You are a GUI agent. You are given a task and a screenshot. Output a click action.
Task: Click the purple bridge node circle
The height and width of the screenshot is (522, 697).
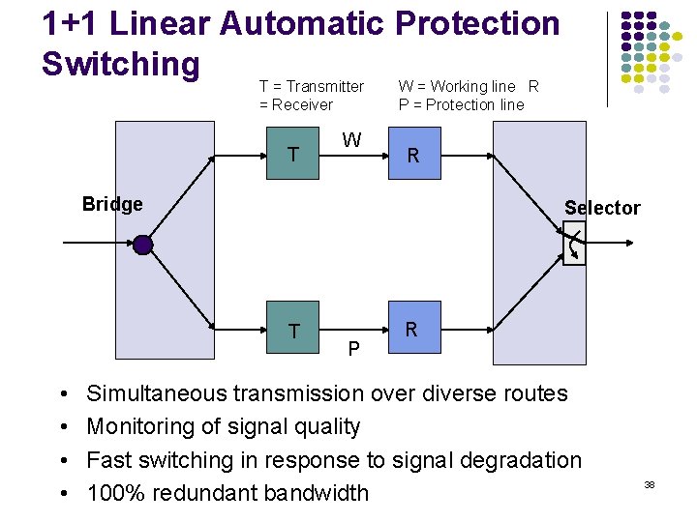click(143, 245)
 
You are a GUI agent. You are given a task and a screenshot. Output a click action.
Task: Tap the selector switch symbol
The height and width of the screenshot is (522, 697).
click(574, 244)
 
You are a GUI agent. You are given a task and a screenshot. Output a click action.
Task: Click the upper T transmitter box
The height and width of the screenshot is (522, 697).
click(293, 154)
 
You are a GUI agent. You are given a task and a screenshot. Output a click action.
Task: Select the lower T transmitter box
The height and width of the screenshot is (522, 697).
click(293, 332)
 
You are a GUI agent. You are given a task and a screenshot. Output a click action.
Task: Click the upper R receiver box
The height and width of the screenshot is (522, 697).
click(413, 156)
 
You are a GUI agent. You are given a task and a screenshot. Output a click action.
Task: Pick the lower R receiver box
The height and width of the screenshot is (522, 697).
click(411, 330)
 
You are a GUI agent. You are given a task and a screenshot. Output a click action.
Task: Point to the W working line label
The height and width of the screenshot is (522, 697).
click(351, 140)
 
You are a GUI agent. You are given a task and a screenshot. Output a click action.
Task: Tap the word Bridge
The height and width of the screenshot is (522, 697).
click(112, 204)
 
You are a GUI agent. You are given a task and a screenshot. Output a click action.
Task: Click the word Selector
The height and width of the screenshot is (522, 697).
click(602, 208)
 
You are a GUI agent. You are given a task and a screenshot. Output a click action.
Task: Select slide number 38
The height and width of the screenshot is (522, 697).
click(650, 483)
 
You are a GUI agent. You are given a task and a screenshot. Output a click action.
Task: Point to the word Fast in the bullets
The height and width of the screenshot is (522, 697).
click(108, 459)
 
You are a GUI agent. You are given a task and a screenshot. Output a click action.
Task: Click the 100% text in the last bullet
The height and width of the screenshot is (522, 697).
click(113, 492)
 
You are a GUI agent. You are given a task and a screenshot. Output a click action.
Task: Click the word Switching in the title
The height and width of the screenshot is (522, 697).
click(121, 64)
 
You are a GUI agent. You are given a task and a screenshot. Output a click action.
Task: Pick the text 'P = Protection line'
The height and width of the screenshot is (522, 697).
click(461, 104)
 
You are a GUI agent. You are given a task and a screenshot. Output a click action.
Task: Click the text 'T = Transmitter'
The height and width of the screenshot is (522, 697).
click(312, 87)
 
